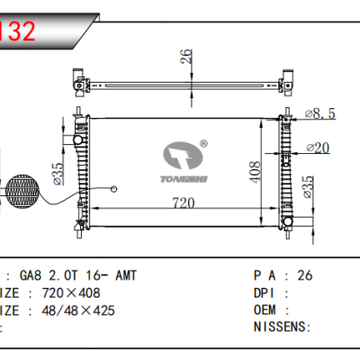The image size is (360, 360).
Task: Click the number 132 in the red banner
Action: [x=18, y=31]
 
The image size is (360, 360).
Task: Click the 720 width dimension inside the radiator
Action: [x=184, y=204]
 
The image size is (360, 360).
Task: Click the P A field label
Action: [x=266, y=275]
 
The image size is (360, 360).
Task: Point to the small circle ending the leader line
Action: [x=115, y=188]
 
